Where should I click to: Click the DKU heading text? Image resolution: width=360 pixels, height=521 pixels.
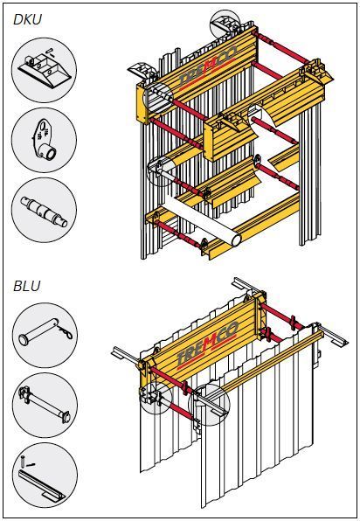click(x=28, y=19)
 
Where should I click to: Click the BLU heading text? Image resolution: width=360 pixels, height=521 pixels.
click(x=27, y=286)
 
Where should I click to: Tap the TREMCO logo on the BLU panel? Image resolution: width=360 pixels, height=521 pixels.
click(x=208, y=343)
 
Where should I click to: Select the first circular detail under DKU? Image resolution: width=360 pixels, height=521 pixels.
click(x=45, y=70)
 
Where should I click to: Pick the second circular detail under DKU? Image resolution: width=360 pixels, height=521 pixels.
click(x=45, y=140)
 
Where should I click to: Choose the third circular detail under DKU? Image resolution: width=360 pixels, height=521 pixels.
click(x=45, y=210)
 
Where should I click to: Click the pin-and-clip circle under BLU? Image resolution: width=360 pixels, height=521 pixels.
click(x=45, y=336)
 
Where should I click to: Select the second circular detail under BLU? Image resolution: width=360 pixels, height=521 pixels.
click(x=45, y=405)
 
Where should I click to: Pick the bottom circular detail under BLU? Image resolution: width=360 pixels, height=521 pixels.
click(x=45, y=476)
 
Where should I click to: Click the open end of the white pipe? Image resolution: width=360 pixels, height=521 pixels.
click(x=236, y=240)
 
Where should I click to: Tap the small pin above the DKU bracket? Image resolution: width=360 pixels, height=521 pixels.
click(x=51, y=51)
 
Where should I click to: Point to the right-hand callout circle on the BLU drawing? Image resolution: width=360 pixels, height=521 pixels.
click(x=209, y=405)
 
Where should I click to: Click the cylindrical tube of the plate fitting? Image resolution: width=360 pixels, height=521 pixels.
click(x=49, y=152)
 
